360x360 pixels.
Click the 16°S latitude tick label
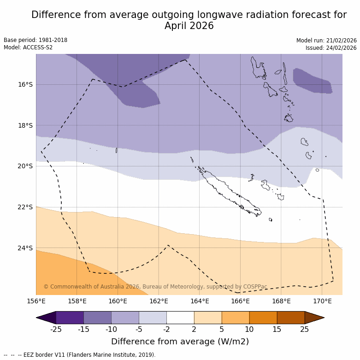(x=25, y=84)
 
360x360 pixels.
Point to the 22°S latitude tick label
(x=25, y=207)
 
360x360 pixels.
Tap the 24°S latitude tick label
(x=25, y=248)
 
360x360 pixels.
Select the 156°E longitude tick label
(x=36, y=301)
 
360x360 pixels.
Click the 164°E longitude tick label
(x=200, y=301)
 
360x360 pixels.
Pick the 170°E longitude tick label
(x=322, y=301)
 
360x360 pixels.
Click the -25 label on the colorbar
(x=56, y=329)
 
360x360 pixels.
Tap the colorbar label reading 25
(x=305, y=329)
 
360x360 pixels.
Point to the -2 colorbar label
(x=166, y=329)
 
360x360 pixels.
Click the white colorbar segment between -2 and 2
(x=180, y=318)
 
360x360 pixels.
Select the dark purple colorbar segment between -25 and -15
(x=70, y=318)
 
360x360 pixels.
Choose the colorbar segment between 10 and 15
(x=263, y=318)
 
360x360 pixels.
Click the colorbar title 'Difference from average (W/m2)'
(x=180, y=342)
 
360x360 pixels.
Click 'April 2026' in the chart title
(x=189, y=26)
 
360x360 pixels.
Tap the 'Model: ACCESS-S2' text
(x=28, y=47)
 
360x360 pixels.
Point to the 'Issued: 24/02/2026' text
(x=331, y=47)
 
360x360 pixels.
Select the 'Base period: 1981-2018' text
(x=35, y=40)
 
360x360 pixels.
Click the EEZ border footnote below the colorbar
(x=79, y=355)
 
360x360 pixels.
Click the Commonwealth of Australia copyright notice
(x=155, y=287)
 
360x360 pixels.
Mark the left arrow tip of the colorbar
(x=37, y=318)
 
